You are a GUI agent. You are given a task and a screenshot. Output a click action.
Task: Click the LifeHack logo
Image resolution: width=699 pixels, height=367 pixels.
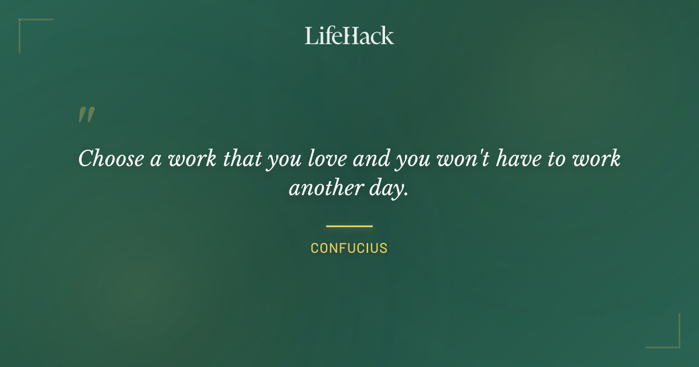click(349, 36)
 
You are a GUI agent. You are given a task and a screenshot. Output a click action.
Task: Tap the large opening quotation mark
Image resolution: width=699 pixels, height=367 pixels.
click(86, 115)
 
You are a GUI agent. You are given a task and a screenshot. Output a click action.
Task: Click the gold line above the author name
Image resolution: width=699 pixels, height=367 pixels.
click(349, 226)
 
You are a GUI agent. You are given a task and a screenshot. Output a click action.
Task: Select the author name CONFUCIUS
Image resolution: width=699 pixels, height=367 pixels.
click(349, 248)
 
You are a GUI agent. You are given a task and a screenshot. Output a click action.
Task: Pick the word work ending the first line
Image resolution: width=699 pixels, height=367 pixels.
click(599, 159)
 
